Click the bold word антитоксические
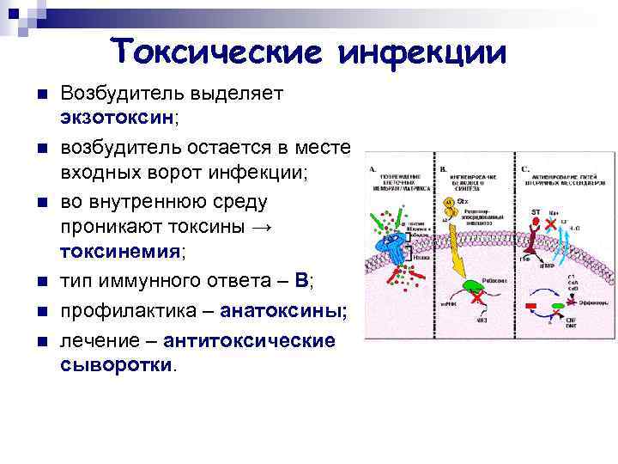[249, 340]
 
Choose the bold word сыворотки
[117, 363]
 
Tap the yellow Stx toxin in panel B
[450, 205]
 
